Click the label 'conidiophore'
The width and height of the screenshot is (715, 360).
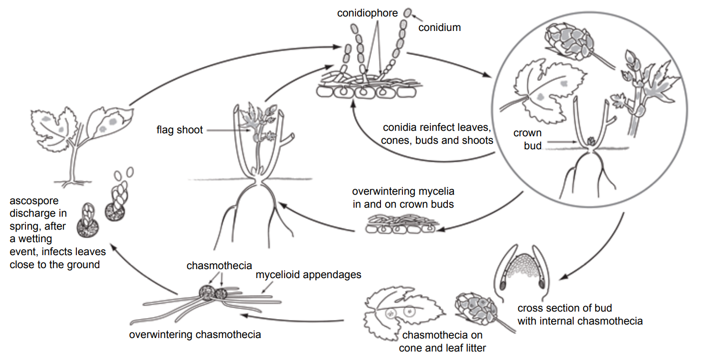pos(367,13)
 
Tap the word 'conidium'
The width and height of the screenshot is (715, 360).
pos(439,27)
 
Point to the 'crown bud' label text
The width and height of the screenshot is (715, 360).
pos(527,140)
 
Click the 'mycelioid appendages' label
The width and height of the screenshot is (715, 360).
pos(308,275)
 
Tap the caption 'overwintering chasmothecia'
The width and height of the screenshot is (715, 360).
pos(195,334)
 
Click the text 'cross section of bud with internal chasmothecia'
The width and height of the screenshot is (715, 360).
pos(579,315)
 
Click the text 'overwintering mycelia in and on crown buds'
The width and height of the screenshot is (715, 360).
pos(403,198)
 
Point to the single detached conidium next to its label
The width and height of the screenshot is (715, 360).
pos(408,12)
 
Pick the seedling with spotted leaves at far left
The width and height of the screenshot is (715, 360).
pos(80,137)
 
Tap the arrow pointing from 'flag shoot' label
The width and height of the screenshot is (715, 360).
pos(227,130)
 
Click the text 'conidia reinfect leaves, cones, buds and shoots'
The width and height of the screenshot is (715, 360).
pos(437,134)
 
